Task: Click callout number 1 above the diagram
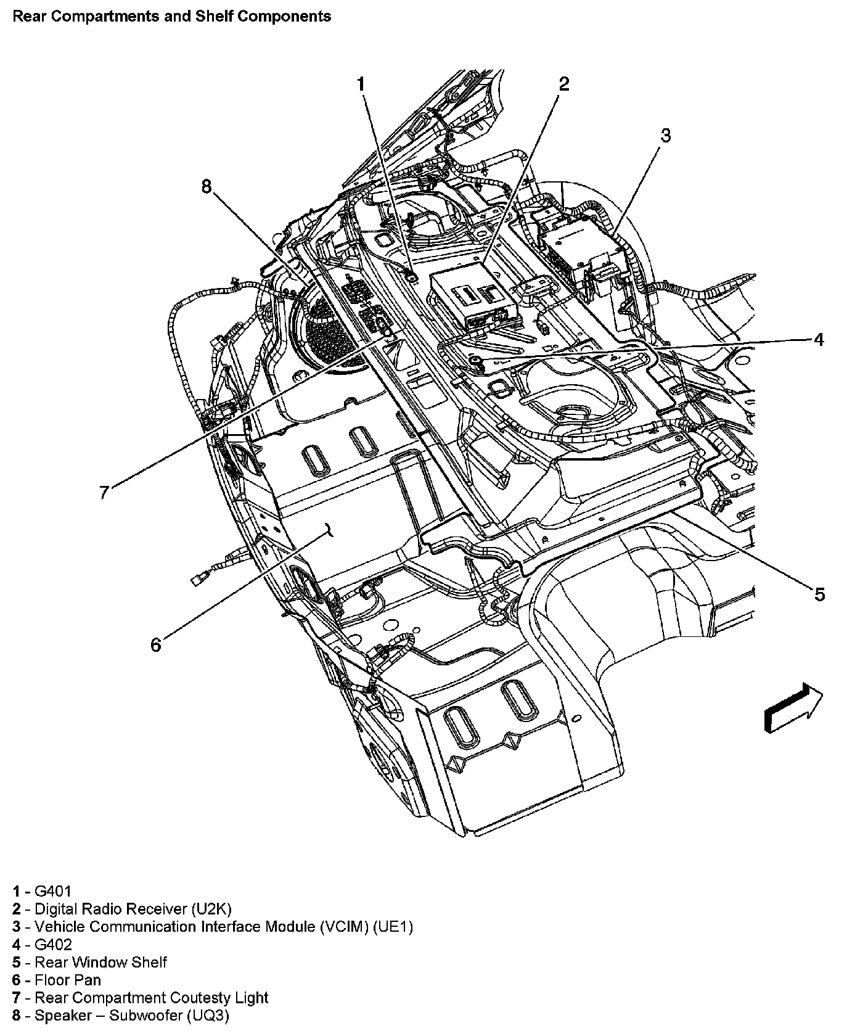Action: (x=362, y=84)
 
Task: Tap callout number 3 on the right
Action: (x=665, y=136)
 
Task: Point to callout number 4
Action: (x=819, y=339)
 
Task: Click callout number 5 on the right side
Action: (x=819, y=594)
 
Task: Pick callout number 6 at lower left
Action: (x=155, y=645)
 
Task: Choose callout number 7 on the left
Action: (x=104, y=492)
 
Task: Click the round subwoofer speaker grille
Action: (x=327, y=336)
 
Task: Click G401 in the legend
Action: (x=53, y=891)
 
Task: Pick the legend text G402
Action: (x=53, y=945)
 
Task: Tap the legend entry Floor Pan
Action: (x=68, y=980)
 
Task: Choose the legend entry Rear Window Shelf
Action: (x=100, y=963)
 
